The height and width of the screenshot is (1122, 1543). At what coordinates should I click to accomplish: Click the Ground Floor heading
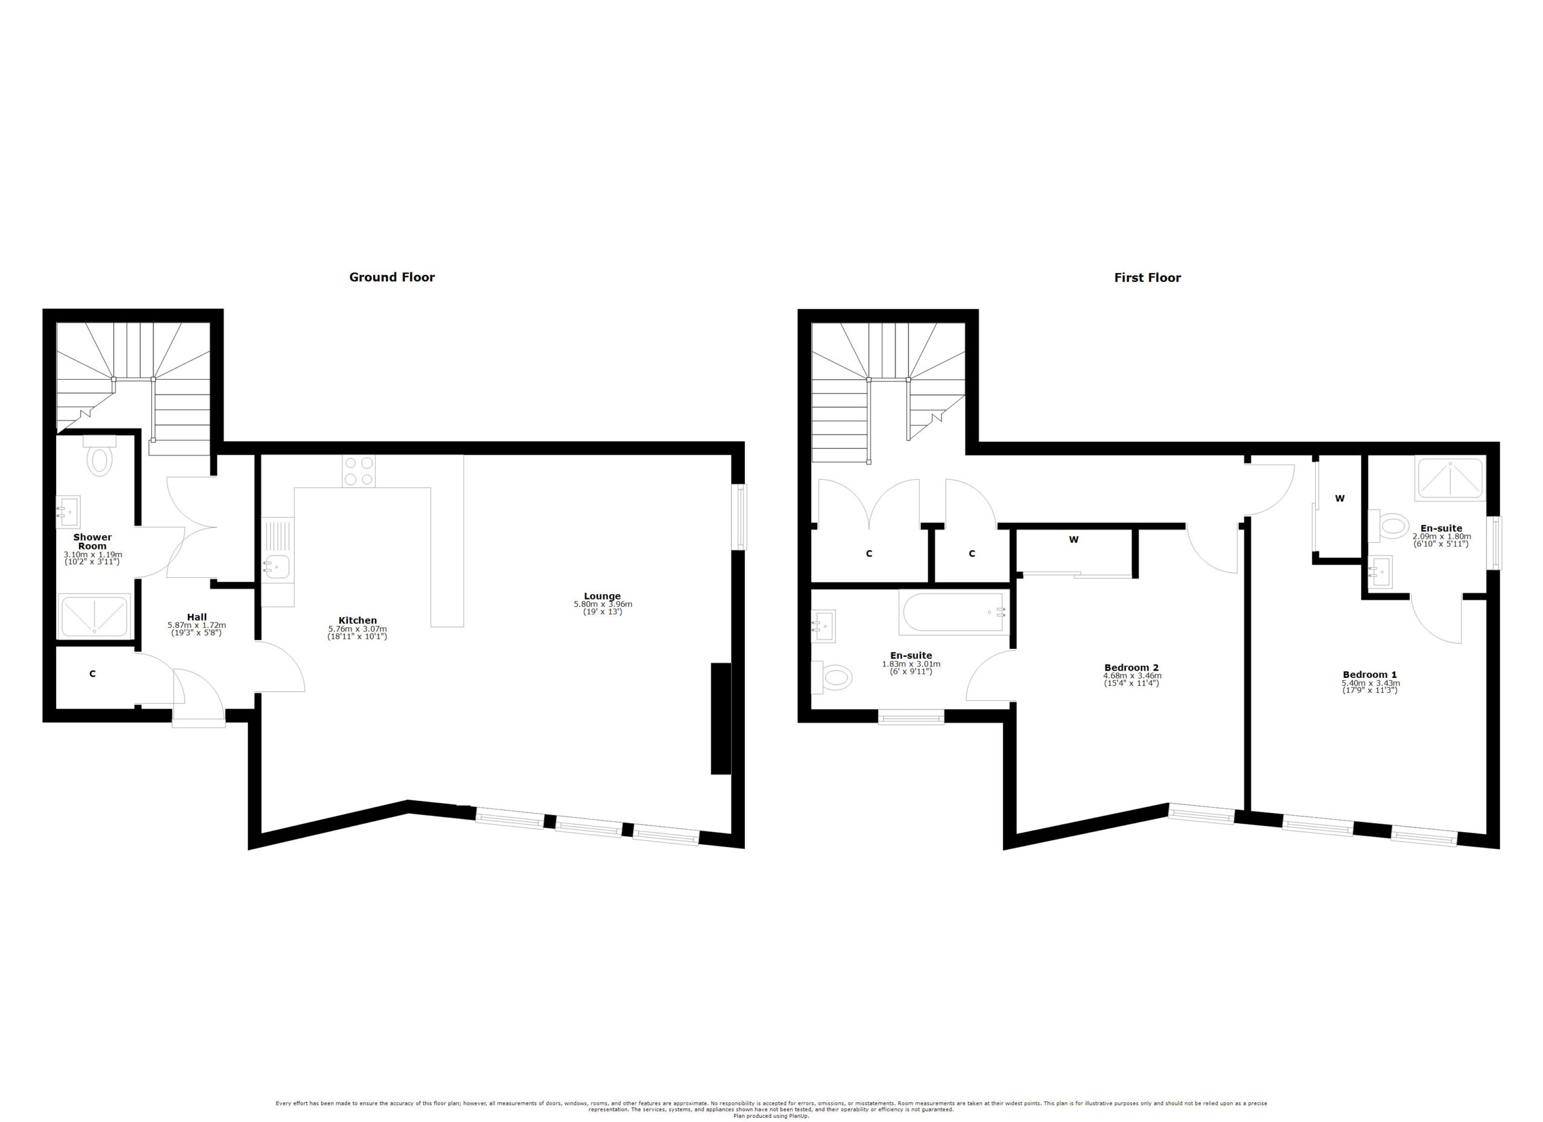click(391, 277)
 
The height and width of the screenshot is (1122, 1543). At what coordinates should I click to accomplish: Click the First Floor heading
click(1147, 277)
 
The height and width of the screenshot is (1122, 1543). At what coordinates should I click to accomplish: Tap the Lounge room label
click(602, 597)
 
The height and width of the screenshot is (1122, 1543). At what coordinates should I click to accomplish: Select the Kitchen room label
click(357, 620)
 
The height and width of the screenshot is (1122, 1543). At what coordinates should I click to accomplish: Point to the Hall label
click(196, 618)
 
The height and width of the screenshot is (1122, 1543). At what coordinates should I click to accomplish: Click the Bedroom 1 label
click(1369, 674)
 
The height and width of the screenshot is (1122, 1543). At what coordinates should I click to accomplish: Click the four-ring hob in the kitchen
click(359, 471)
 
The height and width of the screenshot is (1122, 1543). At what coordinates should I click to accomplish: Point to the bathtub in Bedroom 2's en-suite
click(952, 612)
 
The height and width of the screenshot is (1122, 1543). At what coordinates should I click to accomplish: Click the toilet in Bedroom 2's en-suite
click(835, 677)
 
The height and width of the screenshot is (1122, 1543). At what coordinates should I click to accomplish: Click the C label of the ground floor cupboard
click(93, 674)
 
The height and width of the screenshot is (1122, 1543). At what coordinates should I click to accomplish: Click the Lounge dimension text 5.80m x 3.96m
click(602, 604)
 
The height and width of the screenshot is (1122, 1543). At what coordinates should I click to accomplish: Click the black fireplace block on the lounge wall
click(720, 718)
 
